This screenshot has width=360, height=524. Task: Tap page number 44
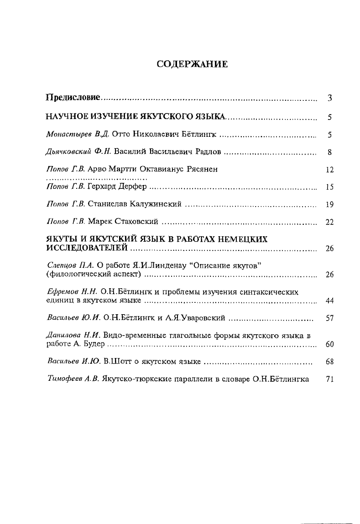pos(331,301)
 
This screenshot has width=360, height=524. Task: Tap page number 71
pos(331,379)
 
